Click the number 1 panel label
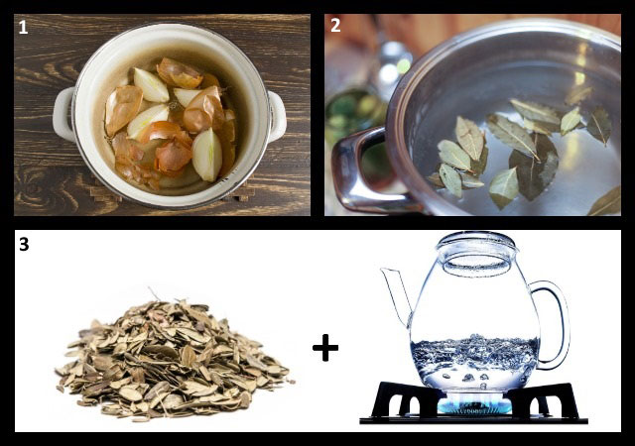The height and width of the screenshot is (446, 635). [23, 27]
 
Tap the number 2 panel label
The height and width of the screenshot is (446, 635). [335, 26]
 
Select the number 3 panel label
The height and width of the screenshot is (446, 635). [24, 244]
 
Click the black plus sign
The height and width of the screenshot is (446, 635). [325, 347]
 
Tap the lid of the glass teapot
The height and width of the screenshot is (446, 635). [477, 248]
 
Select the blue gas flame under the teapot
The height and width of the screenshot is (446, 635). [474, 403]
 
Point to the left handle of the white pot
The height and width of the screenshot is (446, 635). [63, 114]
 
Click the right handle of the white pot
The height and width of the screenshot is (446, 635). [278, 116]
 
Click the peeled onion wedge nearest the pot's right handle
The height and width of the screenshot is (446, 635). [207, 155]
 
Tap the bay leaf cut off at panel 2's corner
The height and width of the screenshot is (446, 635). [606, 202]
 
